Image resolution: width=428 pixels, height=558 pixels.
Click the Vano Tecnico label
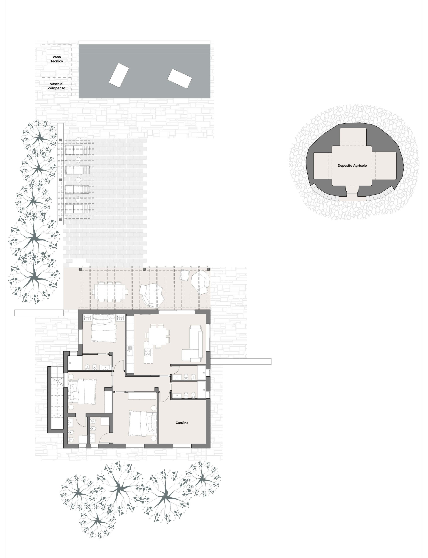click(x=57, y=59)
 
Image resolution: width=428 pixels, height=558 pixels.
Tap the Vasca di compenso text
click(x=57, y=86)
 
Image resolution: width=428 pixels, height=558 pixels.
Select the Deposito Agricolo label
click(x=352, y=165)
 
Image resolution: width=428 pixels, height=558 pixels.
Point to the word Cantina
click(x=182, y=423)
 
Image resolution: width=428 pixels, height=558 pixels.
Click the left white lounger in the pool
click(x=119, y=75)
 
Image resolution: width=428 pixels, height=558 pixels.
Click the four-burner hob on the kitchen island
click(x=147, y=352)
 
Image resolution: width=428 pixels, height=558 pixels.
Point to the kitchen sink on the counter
click(x=130, y=350)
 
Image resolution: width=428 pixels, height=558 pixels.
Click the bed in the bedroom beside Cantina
click(x=143, y=423)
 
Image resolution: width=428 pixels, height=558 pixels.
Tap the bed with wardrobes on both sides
click(x=103, y=328)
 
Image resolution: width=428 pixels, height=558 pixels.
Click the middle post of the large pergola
click(x=144, y=269)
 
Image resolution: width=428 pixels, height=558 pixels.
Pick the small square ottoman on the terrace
click(x=184, y=275)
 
